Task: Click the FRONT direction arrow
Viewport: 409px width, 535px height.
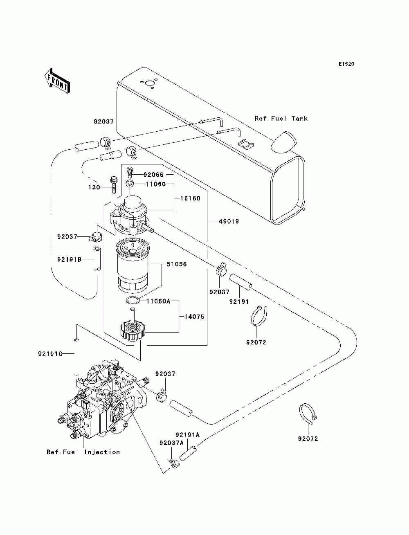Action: pyautogui.click(x=57, y=81)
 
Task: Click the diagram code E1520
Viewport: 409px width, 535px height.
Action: pyautogui.click(x=346, y=64)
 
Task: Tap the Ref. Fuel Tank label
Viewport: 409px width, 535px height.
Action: pyautogui.click(x=281, y=119)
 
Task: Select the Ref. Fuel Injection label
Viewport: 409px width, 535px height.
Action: pyautogui.click(x=83, y=452)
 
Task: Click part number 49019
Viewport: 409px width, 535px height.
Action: pyautogui.click(x=229, y=221)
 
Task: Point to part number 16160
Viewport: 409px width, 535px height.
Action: pyautogui.click(x=190, y=198)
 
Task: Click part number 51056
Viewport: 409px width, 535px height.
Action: pyautogui.click(x=177, y=264)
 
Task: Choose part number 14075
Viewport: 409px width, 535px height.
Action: pyautogui.click(x=194, y=317)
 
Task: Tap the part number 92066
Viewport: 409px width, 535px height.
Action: pyautogui.click(x=153, y=175)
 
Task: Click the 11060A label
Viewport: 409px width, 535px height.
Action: pyautogui.click(x=158, y=301)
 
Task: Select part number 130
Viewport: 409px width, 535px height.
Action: pyautogui.click(x=94, y=187)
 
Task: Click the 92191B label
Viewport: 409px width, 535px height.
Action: pyautogui.click(x=70, y=259)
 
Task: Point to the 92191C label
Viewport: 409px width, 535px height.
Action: pyautogui.click(x=50, y=353)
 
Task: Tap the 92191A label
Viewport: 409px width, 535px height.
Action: pyautogui.click(x=187, y=434)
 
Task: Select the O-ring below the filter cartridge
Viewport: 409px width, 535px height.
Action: pyautogui.click(x=133, y=300)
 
